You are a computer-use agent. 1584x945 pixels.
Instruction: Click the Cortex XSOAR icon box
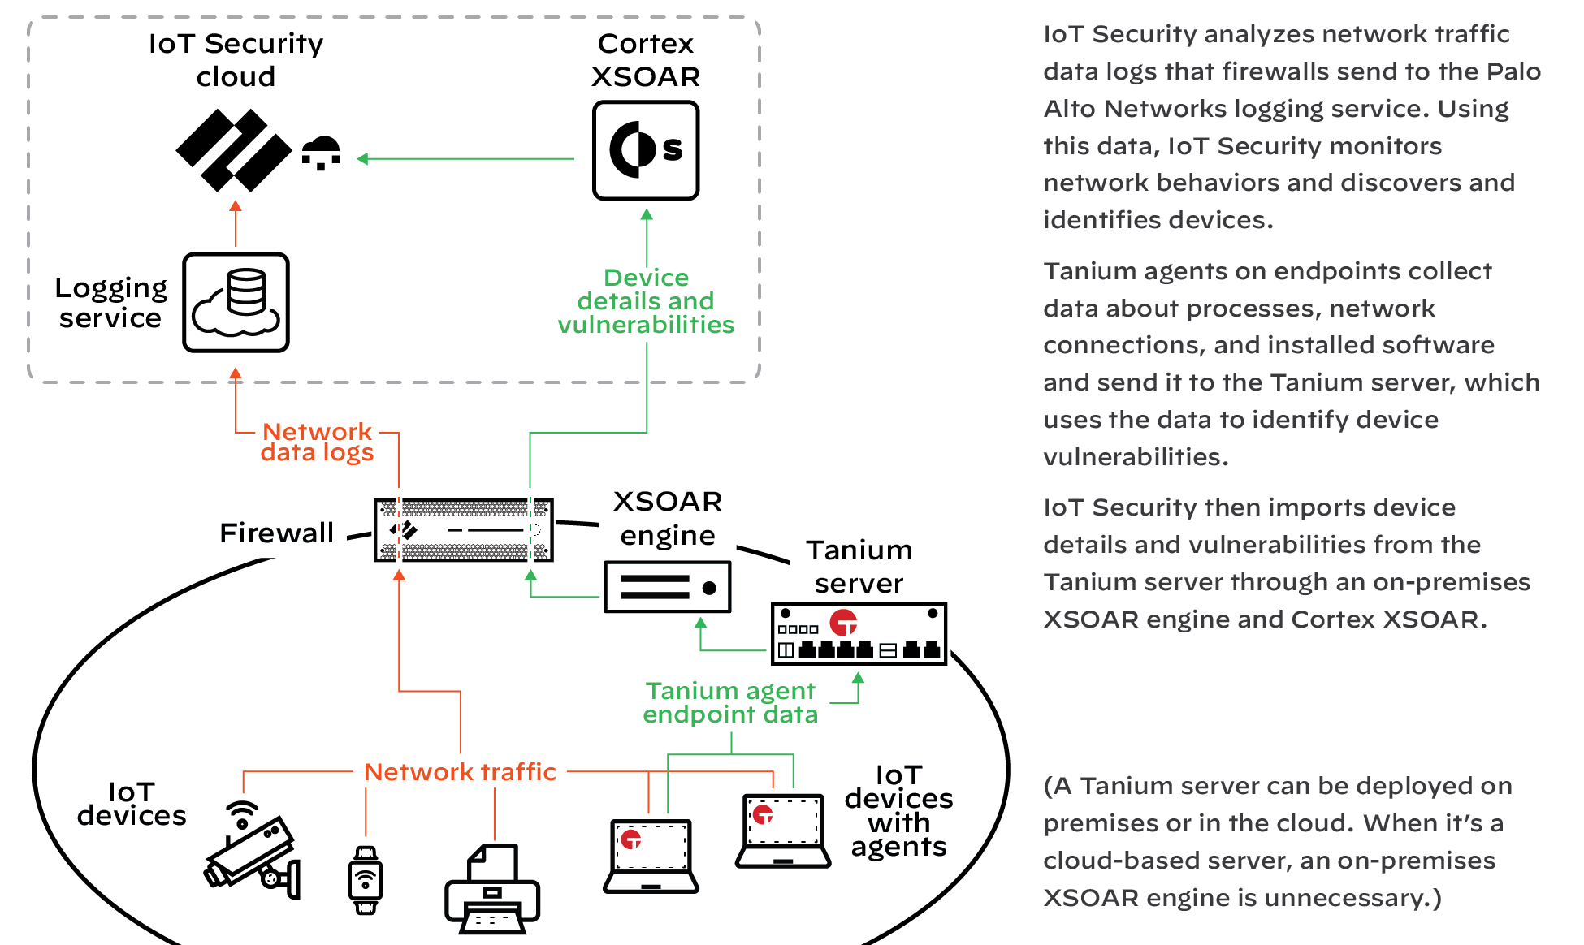click(x=645, y=150)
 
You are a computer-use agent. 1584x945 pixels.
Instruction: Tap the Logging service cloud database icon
click(x=236, y=302)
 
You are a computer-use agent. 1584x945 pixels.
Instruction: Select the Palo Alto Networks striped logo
click(x=233, y=150)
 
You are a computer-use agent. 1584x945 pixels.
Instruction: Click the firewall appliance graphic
click(x=463, y=530)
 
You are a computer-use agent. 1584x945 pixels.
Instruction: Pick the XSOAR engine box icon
click(x=667, y=587)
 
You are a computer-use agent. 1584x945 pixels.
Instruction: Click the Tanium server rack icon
click(x=859, y=634)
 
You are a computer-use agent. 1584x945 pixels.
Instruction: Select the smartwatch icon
click(x=366, y=880)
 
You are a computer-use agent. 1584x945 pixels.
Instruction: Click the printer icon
click(x=492, y=890)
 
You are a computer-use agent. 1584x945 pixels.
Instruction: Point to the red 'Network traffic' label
click(x=460, y=771)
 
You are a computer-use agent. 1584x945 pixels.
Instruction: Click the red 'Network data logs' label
click(x=317, y=442)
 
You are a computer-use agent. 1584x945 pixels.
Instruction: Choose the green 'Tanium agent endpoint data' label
click(x=730, y=702)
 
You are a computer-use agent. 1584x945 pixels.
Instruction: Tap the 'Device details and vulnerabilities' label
click(x=646, y=301)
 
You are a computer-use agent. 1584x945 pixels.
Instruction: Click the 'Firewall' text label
click(x=277, y=533)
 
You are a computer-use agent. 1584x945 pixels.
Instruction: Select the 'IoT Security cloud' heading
click(x=236, y=59)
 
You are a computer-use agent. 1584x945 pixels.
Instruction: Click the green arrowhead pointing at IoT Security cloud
click(x=363, y=159)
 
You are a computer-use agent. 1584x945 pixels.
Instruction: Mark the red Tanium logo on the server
click(x=843, y=623)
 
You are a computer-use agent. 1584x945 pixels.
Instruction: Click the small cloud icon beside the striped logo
click(x=322, y=152)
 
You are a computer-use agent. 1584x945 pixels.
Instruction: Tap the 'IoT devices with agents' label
click(x=898, y=810)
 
